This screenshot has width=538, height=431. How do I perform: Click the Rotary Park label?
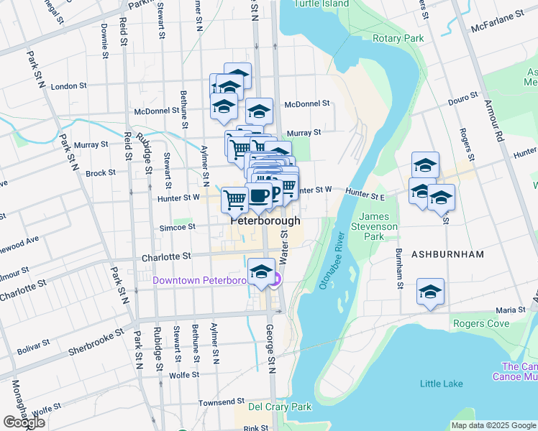click(x=397, y=38)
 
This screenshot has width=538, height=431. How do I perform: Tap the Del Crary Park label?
click(x=279, y=407)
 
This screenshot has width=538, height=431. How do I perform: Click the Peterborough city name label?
click(x=265, y=221)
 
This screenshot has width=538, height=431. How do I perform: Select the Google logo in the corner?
click(x=24, y=422)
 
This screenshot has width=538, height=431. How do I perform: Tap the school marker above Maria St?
click(x=431, y=292)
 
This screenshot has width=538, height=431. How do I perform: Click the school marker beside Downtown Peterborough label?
click(x=261, y=272)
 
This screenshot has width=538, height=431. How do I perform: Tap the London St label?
click(x=70, y=86)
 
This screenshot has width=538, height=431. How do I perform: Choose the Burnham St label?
click(x=398, y=269)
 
